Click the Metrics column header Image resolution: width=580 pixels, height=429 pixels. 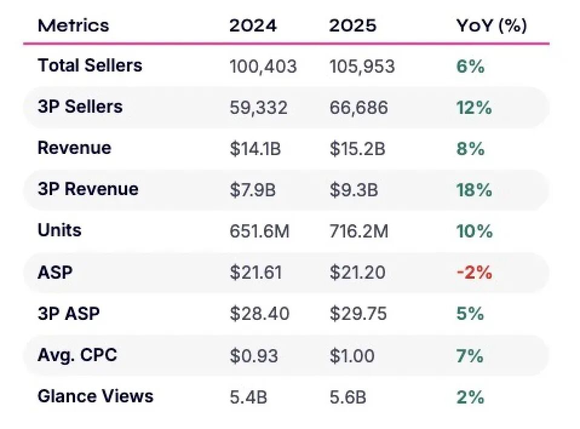pos(73,25)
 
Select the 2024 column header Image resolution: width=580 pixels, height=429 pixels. pos(253,25)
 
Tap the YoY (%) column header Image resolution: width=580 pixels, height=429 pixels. pos(492,26)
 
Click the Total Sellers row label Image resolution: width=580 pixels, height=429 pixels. pos(90,65)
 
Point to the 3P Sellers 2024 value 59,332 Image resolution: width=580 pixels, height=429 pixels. pos(258,108)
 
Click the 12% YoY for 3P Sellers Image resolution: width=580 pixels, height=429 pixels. pos(474,108)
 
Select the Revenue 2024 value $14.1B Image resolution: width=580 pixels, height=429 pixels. pos(255,149)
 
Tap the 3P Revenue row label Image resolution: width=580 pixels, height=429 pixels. pos(88,189)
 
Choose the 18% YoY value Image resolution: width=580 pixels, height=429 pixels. pos(474,190)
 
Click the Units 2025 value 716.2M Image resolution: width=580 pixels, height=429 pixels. pos(359,231)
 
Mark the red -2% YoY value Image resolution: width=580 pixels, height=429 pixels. pos(474,273)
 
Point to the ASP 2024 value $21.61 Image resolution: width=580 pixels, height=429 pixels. pos(255,273)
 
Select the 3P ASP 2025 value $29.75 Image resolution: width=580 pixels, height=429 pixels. pos(358,313)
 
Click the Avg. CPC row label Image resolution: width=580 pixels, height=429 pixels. pos(77,355)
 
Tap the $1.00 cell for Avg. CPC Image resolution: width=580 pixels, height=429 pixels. pos(352,356)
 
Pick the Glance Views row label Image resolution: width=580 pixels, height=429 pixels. pos(96,396)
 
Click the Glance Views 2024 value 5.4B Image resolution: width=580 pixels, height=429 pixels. pos(248,397)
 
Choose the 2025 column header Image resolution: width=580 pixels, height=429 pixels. pos(353,25)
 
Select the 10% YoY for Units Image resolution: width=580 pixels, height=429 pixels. pos(474,231)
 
